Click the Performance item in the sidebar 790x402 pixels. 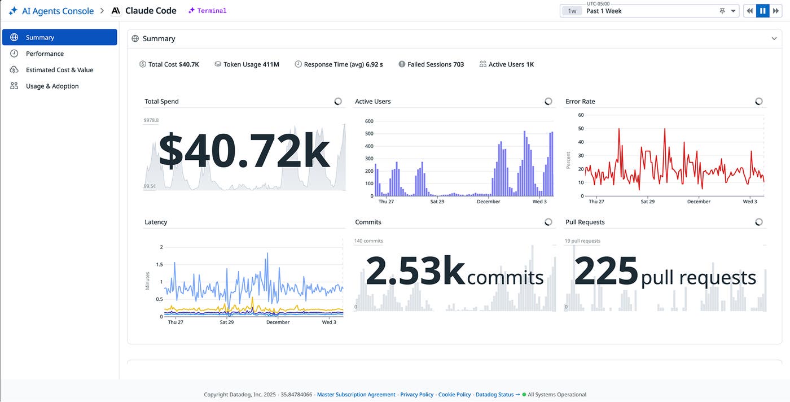coord(45,54)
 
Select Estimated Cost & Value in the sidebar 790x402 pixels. coord(59,70)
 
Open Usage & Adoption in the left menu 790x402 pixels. coord(52,86)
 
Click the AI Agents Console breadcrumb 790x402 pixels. coord(58,11)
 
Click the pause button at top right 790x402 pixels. coord(762,11)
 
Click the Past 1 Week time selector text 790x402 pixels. coord(604,11)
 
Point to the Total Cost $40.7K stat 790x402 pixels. coord(169,64)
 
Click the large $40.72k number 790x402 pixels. coord(244,151)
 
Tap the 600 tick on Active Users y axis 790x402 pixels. coord(369,121)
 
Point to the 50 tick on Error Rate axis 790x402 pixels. coord(581,129)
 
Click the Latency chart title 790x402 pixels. coord(156,222)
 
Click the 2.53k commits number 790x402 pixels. coord(415,272)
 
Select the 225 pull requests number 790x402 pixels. coord(606,272)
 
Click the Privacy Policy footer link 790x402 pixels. coord(417,395)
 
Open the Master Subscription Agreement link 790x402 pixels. coord(356,395)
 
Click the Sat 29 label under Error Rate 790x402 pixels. coord(647,202)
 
